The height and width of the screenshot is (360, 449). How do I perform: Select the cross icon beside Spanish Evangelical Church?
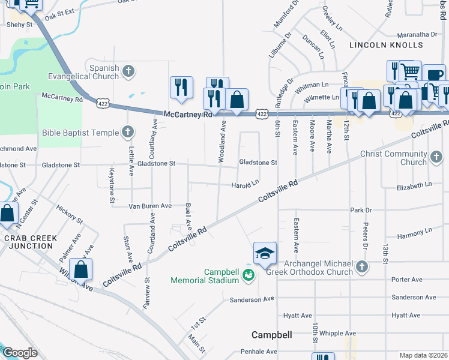click(x=128, y=72)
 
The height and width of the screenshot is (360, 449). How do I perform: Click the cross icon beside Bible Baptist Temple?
click(x=127, y=131)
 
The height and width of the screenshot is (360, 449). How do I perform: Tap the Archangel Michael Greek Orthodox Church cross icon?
click(x=361, y=265)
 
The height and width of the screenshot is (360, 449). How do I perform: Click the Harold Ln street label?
click(x=245, y=185)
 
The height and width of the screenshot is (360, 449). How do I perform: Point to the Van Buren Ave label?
click(x=150, y=206)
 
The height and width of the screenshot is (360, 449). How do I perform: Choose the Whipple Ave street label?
click(x=338, y=334)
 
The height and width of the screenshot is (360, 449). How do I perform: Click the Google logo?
click(x=20, y=353)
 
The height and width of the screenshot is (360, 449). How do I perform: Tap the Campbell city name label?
click(x=271, y=335)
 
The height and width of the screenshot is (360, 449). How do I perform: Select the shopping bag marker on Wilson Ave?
click(x=80, y=269)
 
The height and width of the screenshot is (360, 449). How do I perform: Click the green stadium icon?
click(x=249, y=275)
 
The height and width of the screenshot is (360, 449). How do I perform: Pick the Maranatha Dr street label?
click(x=415, y=34)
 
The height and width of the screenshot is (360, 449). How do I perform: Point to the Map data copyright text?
click(x=423, y=355)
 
